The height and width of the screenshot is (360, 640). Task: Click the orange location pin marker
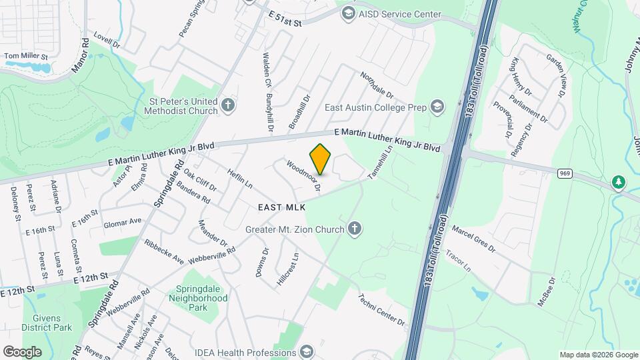coord(320,159)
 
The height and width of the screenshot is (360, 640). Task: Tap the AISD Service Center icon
coord(348,13)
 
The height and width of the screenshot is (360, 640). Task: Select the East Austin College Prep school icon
coord(437,107)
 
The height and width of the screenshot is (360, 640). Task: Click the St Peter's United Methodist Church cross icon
coord(229,105)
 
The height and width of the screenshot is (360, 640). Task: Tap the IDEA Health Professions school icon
coord(306,352)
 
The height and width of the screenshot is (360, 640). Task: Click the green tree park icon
coord(619,183)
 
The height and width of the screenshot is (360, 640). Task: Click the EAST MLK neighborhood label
coord(281,208)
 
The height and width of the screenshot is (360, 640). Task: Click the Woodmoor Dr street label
coord(305,176)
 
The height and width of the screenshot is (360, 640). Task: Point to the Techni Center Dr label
coord(381,310)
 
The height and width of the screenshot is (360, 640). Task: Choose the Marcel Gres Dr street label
coord(473,238)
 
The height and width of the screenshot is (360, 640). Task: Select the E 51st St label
coord(285,18)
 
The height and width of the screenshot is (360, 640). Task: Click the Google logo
coord(22,351)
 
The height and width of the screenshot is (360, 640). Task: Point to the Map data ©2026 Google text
coord(597,355)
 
